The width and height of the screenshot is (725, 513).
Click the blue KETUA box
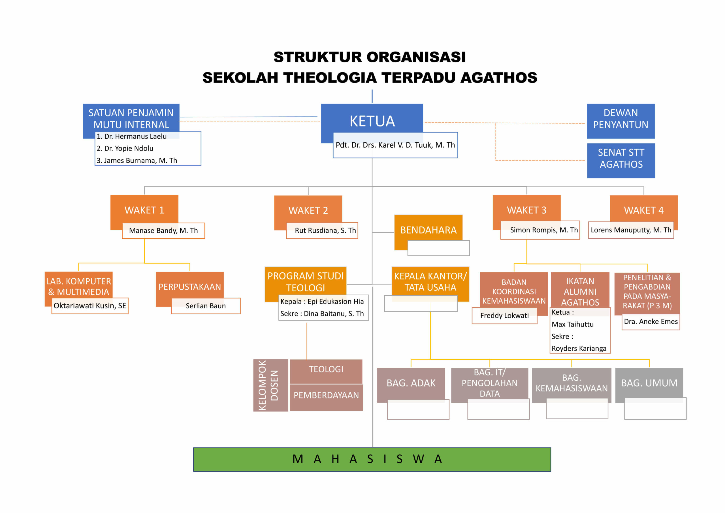coord(372,121)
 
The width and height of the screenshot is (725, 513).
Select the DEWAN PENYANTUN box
coord(620,119)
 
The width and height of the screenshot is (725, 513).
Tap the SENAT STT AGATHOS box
coord(621,159)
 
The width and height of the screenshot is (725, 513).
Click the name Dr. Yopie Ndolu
coord(125,148)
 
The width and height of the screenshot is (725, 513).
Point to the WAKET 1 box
coord(144,210)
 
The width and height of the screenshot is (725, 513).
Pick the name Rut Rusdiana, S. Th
coord(325,230)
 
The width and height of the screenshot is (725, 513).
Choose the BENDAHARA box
coord(428,230)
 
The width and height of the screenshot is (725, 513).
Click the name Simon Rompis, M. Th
coord(544,230)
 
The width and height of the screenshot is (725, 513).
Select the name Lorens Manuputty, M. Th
coord(631,230)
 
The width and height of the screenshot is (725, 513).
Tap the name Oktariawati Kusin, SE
coord(90,306)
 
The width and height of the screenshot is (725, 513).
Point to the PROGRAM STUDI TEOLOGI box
coord(305,281)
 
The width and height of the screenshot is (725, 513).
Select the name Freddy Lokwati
coord(504,315)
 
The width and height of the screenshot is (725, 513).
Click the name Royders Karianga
coord(579,348)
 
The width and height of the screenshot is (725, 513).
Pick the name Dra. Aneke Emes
coord(651,321)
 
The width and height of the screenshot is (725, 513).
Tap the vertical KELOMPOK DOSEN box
coord(270,385)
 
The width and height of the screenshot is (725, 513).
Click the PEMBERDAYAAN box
coord(326,395)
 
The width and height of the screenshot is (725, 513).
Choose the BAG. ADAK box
coord(411,383)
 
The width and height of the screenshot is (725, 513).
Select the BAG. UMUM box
coord(649,383)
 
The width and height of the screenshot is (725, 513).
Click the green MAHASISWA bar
coord(372,459)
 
